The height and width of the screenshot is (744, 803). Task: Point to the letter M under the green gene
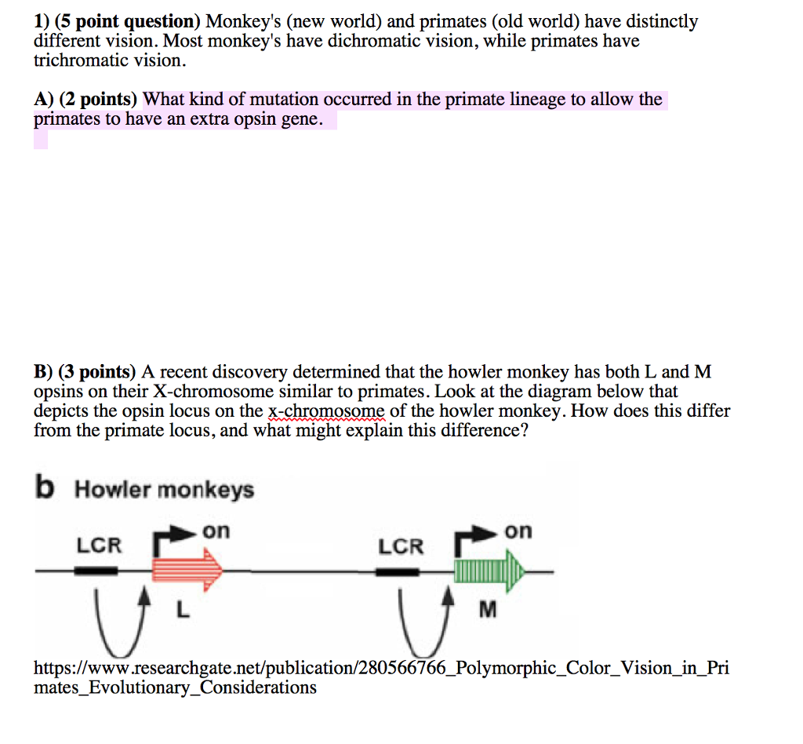point(487,610)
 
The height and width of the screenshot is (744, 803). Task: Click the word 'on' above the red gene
point(216,532)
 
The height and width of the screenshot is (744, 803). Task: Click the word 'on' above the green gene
point(518,532)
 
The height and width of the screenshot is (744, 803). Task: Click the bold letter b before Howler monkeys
point(45,487)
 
